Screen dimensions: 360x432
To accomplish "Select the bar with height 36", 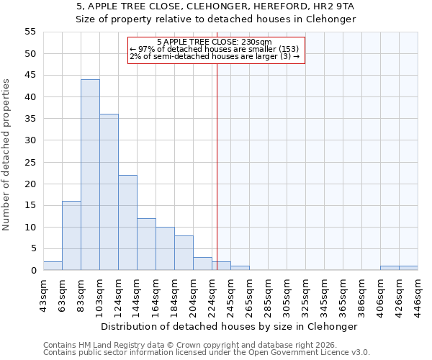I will point(109,192).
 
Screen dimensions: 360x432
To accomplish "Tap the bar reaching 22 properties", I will point(127,222).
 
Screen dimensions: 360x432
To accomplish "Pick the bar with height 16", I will point(71,235).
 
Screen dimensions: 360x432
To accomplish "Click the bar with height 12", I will point(146,244).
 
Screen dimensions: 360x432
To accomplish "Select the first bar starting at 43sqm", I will point(53,266).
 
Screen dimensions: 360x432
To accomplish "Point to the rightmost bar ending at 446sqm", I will point(408,268).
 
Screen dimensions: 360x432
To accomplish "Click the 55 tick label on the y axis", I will point(30,32).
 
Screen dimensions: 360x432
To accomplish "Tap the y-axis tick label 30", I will point(30,140).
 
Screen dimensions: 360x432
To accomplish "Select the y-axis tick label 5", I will point(33,248).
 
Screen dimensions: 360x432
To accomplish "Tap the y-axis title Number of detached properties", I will point(7,155).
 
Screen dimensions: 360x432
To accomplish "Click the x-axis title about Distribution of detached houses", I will point(229,326).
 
